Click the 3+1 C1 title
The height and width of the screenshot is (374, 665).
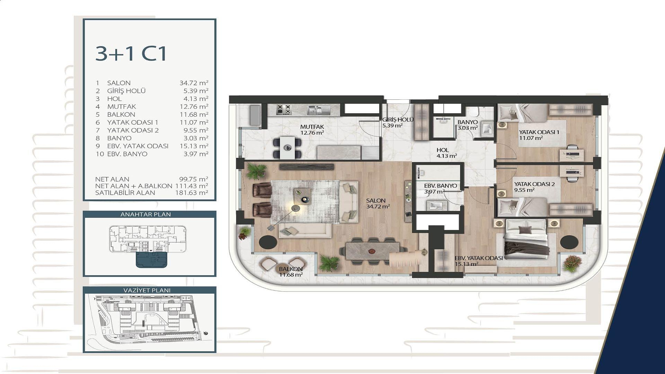[x=131, y=54]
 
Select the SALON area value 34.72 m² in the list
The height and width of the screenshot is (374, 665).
[x=194, y=83]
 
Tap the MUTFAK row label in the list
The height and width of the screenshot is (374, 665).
[x=121, y=107]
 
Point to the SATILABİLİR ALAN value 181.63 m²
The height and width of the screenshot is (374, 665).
[x=192, y=193]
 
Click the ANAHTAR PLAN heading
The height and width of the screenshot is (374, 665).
[x=145, y=214]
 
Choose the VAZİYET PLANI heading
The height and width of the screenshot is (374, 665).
[x=147, y=290]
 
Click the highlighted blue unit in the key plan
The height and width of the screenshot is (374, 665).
[x=152, y=260]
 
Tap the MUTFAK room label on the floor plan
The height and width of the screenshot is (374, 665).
[x=312, y=127]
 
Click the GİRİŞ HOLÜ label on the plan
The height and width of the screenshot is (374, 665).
[x=398, y=120]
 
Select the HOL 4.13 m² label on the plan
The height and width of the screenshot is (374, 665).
[x=446, y=153]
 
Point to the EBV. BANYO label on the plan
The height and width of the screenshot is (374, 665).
[x=441, y=186]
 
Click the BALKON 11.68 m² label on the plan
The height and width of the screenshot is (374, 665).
[x=291, y=272]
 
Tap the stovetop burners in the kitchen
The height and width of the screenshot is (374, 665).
[x=284, y=109]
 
